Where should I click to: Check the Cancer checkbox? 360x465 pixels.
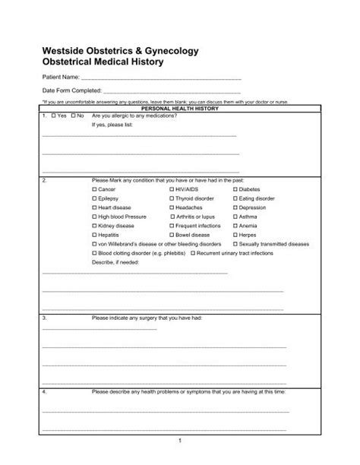[94, 188]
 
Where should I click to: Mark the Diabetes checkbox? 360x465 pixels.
[235, 188]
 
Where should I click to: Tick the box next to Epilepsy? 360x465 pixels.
[94, 198]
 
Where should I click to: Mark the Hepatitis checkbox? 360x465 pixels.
[94, 235]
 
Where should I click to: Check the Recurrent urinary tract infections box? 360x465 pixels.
[195, 253]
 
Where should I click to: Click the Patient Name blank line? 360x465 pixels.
[159, 78]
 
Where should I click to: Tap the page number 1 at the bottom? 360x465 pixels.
[180, 441]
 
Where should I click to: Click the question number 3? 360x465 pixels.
[45, 318]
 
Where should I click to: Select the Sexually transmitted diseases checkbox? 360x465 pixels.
[235, 244]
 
